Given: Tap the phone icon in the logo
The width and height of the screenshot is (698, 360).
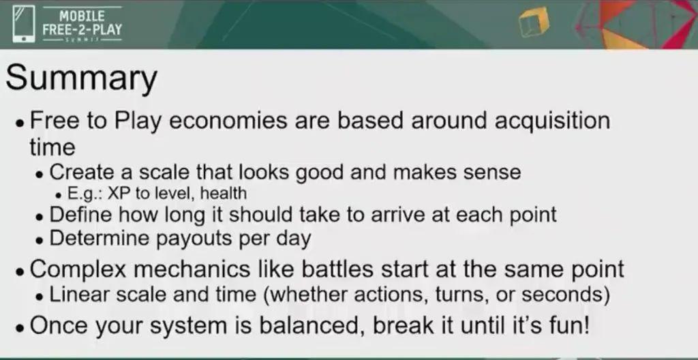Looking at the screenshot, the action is pos(24,25).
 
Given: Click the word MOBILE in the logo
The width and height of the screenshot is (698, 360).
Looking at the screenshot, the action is pos(82,16).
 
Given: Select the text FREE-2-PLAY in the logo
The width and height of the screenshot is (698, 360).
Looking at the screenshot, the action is pos(82,30).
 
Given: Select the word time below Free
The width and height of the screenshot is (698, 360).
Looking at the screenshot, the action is pos(52,147).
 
